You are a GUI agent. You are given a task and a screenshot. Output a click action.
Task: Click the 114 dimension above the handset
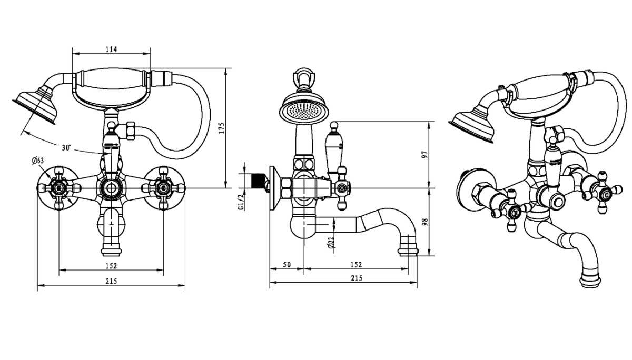click(x=111, y=49)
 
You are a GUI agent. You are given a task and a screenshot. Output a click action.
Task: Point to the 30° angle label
click(x=66, y=148)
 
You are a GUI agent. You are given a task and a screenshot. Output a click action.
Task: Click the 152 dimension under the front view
click(x=111, y=266)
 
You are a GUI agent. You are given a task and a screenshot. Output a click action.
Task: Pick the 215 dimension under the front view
click(x=111, y=282)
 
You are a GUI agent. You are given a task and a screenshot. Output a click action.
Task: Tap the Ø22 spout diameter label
click(x=330, y=243)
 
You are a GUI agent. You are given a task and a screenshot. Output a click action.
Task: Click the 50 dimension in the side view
click(x=287, y=265)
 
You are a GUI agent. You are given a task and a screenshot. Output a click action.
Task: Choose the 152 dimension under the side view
click(x=356, y=265)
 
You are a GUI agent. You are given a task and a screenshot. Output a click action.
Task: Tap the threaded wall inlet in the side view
click(x=256, y=182)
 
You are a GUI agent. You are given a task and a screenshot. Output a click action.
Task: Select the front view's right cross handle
click(x=163, y=187)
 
